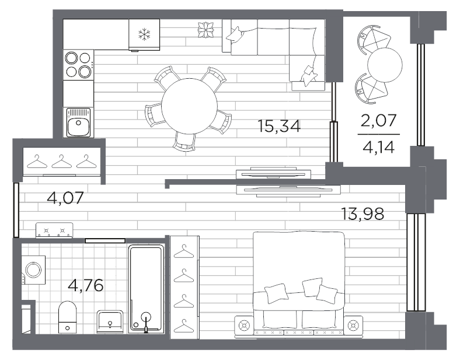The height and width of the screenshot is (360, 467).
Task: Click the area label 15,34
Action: (x=279, y=126)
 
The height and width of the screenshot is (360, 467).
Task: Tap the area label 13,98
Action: (x=362, y=214)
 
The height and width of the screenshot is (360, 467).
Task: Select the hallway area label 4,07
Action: (x=65, y=198)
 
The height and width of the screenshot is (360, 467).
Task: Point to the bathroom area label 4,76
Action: (x=86, y=285)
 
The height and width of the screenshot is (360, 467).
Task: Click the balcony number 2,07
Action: (x=378, y=120)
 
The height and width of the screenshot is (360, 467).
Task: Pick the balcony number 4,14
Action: (x=378, y=147)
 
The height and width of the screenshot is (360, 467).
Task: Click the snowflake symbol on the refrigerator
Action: (x=144, y=34)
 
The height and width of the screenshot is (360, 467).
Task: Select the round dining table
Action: (x=189, y=106)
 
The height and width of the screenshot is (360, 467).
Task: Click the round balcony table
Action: (x=385, y=65)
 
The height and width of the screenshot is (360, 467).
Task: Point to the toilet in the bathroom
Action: (x=67, y=317)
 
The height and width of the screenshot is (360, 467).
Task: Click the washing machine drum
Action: (x=33, y=270)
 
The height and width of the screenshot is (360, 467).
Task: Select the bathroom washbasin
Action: (x=110, y=321)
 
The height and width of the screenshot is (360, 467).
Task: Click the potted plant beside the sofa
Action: (x=207, y=30)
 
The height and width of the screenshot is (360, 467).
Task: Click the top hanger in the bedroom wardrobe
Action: (x=184, y=251)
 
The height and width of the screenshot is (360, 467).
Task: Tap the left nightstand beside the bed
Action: (x=244, y=325)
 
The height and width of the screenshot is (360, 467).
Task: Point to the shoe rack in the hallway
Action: (x=54, y=230)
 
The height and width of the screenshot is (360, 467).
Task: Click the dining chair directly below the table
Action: (x=184, y=142)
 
